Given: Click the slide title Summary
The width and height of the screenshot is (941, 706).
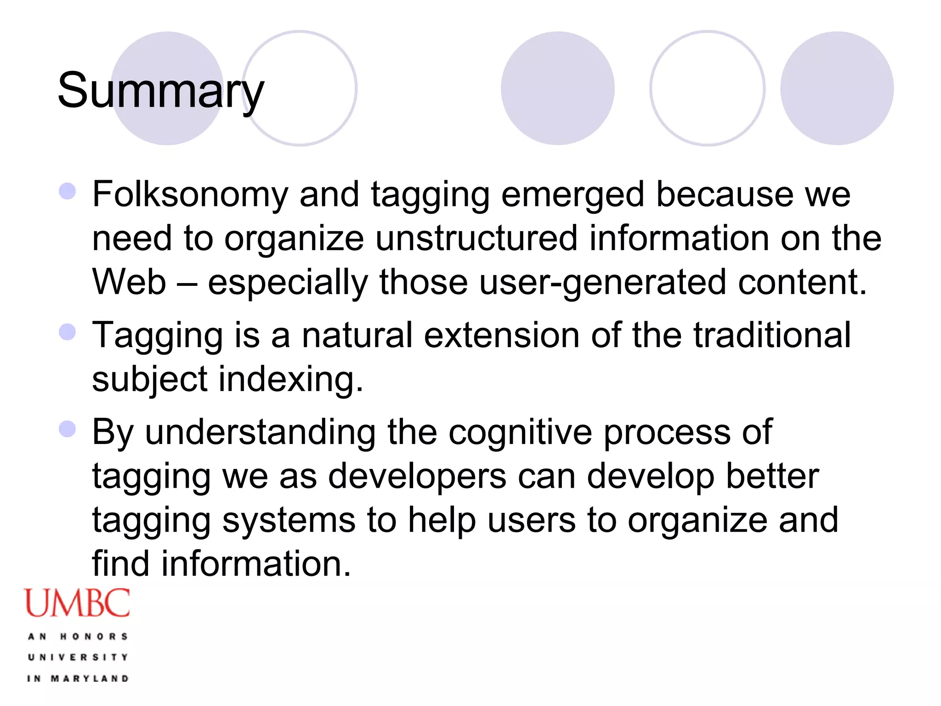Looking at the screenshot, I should click(160, 91).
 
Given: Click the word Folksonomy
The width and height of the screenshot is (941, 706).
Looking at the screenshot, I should click(190, 195).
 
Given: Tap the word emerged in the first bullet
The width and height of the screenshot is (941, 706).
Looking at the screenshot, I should click(573, 195).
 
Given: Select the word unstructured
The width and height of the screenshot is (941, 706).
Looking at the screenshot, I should click(476, 239).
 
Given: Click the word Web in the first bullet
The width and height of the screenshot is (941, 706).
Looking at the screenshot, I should click(129, 282).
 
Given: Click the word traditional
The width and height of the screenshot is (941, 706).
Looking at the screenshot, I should click(772, 335).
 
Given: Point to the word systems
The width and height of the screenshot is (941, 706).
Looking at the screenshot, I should click(289, 520).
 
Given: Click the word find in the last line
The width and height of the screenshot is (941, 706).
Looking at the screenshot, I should click(121, 564).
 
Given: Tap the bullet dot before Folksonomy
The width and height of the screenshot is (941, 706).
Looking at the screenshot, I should click(68, 191).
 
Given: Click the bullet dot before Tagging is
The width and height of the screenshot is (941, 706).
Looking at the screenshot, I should click(68, 331).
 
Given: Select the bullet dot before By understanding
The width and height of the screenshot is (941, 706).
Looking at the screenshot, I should click(68, 429).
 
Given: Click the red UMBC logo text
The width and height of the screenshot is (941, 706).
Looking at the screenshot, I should click(77, 603).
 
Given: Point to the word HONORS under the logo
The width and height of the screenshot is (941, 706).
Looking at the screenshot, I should click(94, 637).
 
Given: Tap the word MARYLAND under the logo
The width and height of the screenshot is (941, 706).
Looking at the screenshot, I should click(90, 678).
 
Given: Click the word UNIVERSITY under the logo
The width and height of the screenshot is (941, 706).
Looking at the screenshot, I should click(78, 657).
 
